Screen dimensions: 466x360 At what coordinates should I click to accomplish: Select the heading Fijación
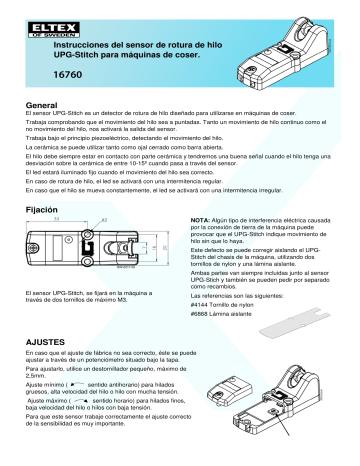[40, 212]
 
